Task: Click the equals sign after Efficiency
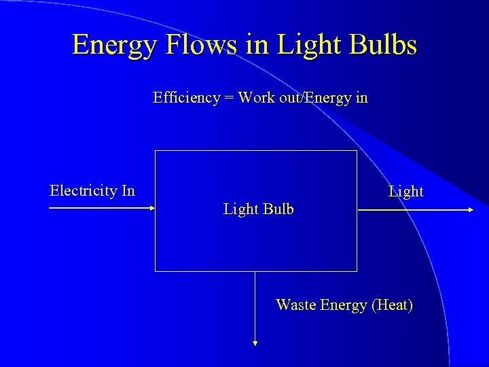click(228, 98)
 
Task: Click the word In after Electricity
click(128, 190)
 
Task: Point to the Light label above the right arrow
click(406, 192)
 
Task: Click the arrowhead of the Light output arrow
click(470, 210)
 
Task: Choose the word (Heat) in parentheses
click(392, 305)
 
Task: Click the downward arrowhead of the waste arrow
click(255, 344)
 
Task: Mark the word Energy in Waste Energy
click(344, 306)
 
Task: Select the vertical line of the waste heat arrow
click(255, 306)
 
